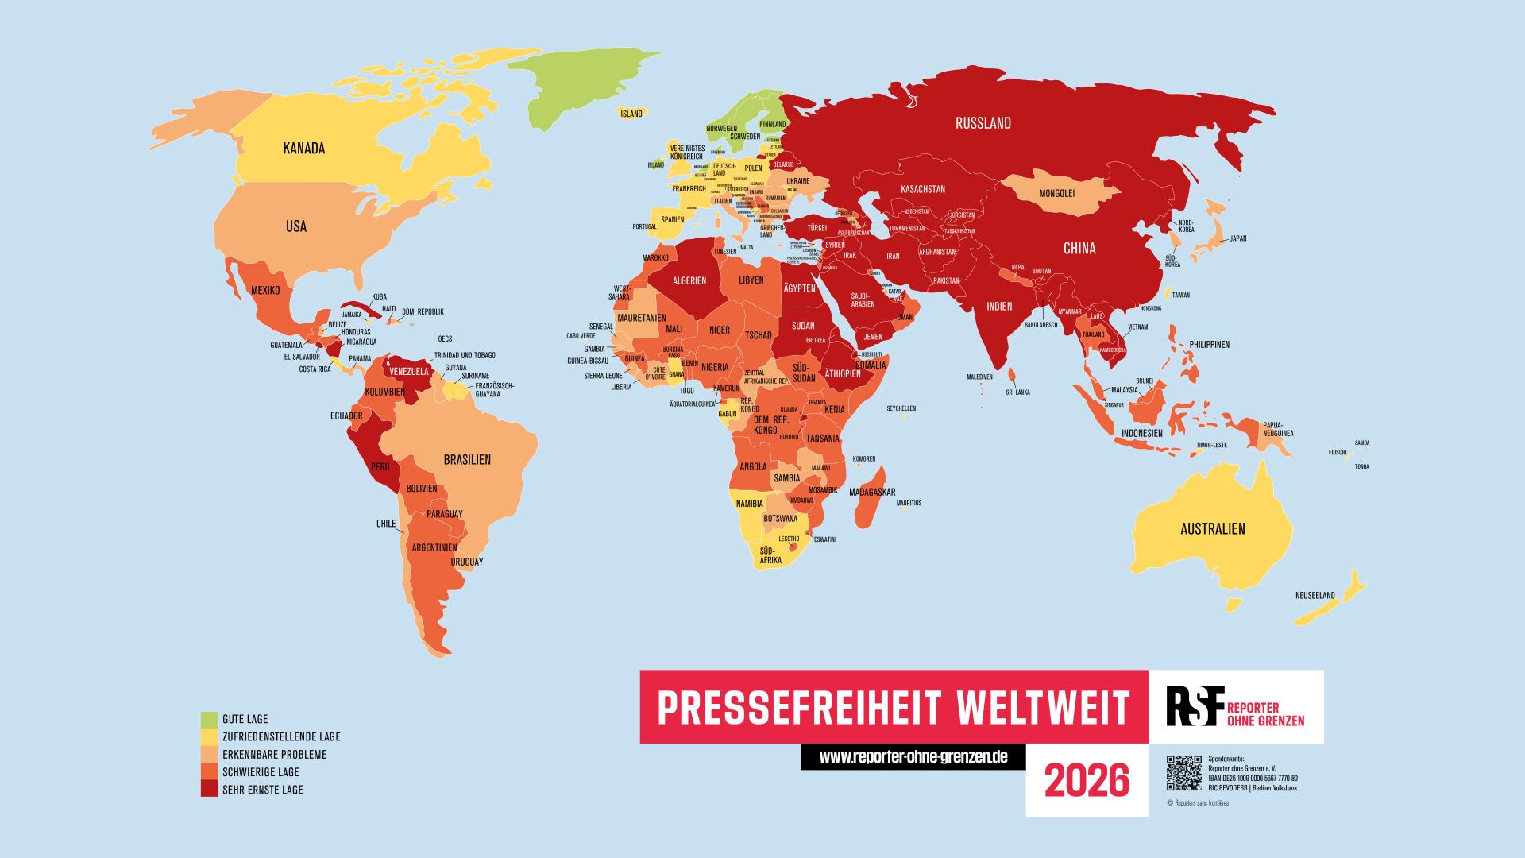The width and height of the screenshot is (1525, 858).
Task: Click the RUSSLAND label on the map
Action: (x=983, y=123)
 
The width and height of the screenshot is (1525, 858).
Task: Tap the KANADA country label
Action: (x=304, y=149)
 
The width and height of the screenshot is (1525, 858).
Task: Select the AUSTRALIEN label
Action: (x=1212, y=529)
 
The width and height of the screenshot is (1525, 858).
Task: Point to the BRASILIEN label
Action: (x=467, y=460)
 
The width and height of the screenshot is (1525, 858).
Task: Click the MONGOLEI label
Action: (x=1056, y=193)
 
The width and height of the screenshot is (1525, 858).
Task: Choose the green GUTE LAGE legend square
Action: (x=209, y=720)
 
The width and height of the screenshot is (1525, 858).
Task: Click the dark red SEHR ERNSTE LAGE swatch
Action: (x=209, y=789)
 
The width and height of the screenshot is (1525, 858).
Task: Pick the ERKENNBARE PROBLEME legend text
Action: (x=275, y=755)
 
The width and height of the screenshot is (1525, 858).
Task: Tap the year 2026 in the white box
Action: (x=1086, y=782)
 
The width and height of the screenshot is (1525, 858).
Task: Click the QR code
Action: (x=1183, y=774)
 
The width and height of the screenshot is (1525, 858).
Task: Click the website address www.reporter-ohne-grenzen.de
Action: (x=913, y=757)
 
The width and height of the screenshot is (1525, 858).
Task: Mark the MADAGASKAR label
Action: (x=872, y=493)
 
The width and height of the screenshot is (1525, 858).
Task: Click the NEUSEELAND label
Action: (x=1315, y=595)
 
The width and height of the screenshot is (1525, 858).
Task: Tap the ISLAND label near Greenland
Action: (x=631, y=114)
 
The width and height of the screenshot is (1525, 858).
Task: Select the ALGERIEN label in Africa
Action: (x=689, y=281)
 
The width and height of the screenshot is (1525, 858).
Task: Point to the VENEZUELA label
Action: (x=409, y=371)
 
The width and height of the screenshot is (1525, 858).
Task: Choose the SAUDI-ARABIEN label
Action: (x=863, y=300)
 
